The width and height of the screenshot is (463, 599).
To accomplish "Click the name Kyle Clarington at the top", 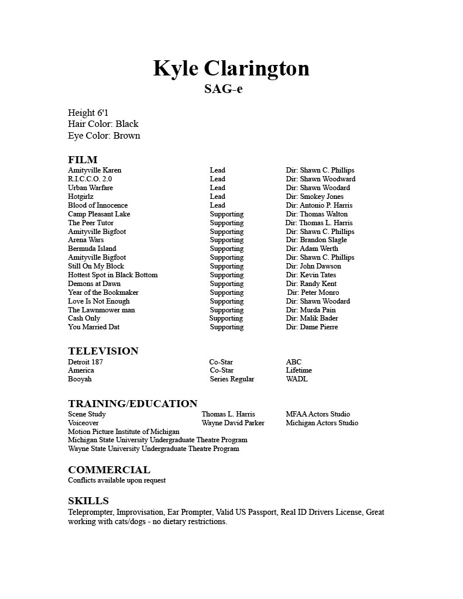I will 231,68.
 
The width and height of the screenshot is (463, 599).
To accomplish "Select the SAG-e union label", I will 223,89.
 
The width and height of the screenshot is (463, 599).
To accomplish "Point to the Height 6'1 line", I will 88,113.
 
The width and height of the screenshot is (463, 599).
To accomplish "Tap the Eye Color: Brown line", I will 104,136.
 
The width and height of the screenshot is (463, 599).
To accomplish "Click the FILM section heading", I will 83,160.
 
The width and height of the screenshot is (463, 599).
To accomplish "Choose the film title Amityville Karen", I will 95,170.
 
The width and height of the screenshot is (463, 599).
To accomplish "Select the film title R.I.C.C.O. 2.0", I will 90,179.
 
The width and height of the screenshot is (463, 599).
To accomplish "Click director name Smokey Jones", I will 321,197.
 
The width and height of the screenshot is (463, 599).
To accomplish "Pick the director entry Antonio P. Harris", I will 325,205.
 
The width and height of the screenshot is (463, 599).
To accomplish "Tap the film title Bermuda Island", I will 92,249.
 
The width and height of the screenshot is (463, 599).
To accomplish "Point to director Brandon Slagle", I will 323,240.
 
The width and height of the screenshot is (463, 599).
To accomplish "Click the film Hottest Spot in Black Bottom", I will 112,275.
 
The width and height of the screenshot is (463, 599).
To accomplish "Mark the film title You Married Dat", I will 94,327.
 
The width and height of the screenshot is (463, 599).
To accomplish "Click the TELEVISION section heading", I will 103,351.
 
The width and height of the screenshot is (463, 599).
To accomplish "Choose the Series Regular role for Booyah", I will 232,379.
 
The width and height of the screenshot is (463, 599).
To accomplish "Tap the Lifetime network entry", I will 299,370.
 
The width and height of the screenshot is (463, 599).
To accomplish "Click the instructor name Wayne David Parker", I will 233,423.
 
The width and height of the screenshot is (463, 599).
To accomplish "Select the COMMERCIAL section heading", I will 109,470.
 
